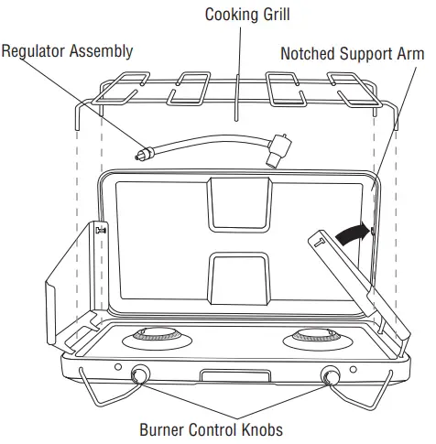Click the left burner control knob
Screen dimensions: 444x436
tap(140, 374)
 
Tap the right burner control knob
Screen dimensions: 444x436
tap(331, 374)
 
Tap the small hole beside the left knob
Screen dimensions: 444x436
tap(118, 368)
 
